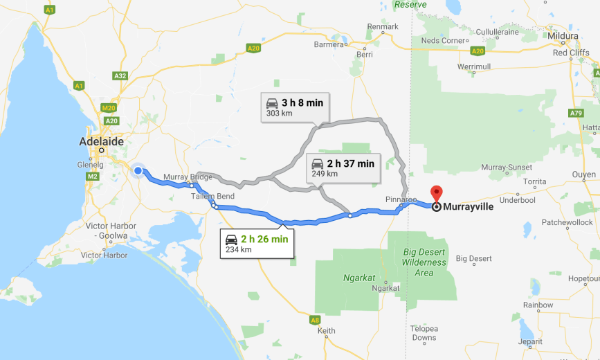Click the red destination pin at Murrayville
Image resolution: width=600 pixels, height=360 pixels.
[x=436, y=194]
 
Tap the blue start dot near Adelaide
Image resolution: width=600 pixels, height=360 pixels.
[x=138, y=171]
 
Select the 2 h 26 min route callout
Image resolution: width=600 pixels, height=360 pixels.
[x=257, y=244]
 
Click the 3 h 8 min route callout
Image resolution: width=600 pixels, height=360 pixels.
[x=294, y=107]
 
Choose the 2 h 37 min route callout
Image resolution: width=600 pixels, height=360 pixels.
[x=341, y=168]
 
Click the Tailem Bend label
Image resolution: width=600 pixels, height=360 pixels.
[x=212, y=196]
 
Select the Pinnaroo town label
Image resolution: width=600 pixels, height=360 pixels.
[x=401, y=199]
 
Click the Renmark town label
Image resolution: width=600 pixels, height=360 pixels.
[x=383, y=26]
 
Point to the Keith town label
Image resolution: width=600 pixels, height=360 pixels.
[x=326, y=331]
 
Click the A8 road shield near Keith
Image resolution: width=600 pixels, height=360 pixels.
[x=315, y=320]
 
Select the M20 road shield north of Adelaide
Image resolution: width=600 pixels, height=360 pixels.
[x=109, y=108]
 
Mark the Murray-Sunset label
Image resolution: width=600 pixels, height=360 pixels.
[x=507, y=168]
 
